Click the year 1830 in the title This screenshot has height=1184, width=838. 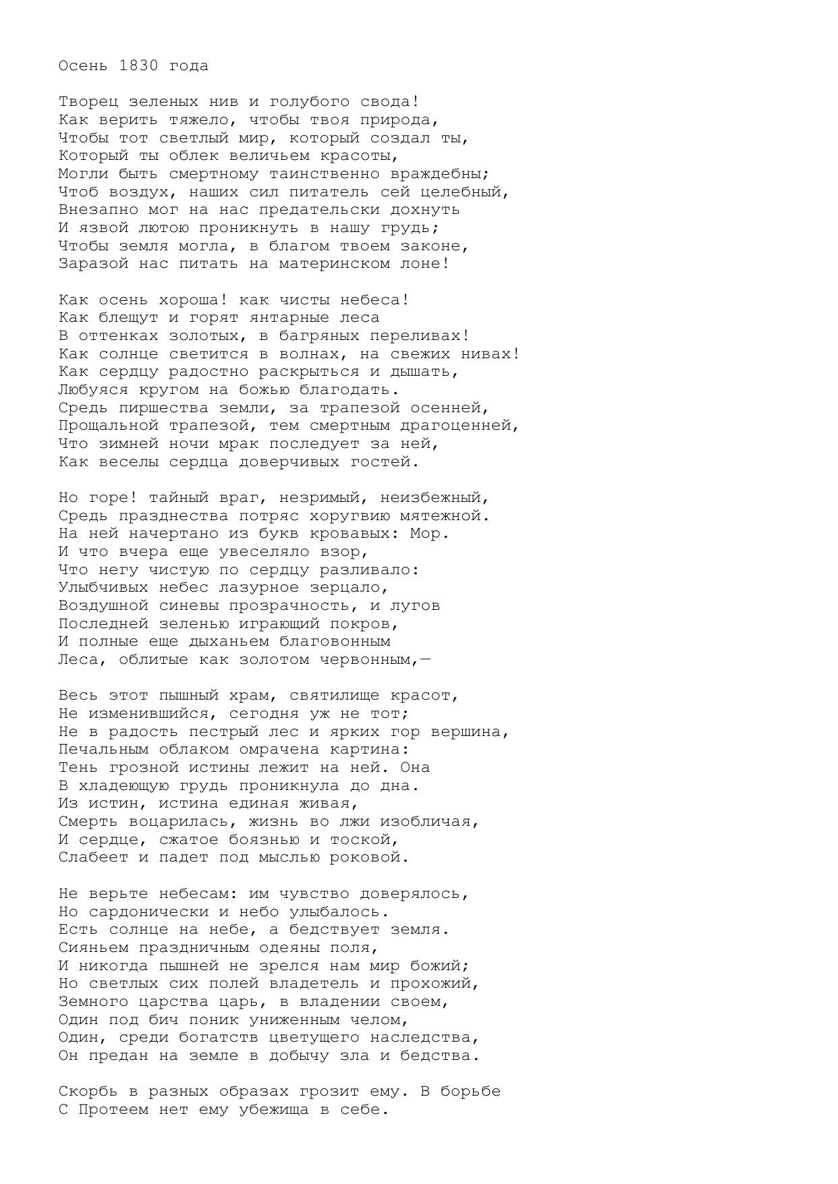pyautogui.click(x=138, y=66)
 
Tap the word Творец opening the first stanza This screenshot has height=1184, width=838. pyautogui.click(x=88, y=102)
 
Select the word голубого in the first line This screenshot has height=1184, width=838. pyautogui.click(x=308, y=102)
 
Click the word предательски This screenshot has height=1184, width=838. pyautogui.click(x=318, y=210)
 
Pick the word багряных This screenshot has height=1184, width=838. pyautogui.click(x=318, y=336)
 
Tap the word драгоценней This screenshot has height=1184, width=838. pyautogui.click(x=463, y=426)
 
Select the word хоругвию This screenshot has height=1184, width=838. pyautogui.click(x=349, y=516)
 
